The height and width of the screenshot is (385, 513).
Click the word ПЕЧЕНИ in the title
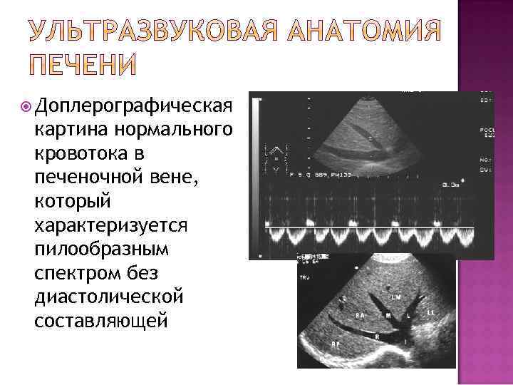pyautogui.click(x=84, y=63)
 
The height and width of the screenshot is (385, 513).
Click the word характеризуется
pyautogui.click(x=110, y=226)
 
